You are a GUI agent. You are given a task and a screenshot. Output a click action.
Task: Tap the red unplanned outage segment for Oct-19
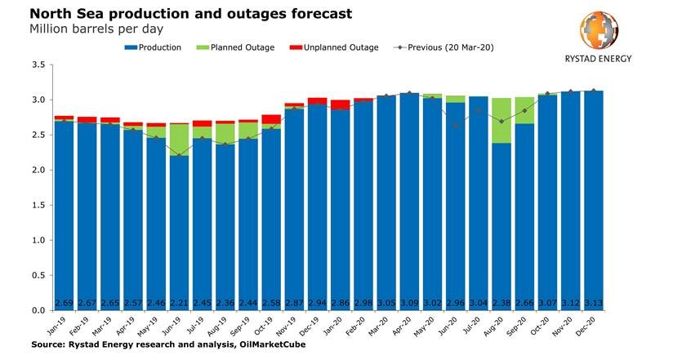point(271,119)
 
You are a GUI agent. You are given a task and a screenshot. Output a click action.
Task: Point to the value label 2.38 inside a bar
point(502,304)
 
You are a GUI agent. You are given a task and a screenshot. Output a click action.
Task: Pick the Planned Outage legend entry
point(238,47)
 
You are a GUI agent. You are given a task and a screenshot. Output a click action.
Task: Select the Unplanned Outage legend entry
point(336,47)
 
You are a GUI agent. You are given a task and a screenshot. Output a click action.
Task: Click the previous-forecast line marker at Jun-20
point(456,126)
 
